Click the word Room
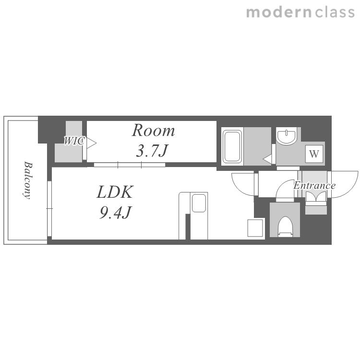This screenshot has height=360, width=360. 154,131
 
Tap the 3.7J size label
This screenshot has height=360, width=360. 152,151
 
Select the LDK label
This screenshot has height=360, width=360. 115,192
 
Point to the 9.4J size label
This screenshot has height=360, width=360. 115,212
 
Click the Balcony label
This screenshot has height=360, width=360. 28,180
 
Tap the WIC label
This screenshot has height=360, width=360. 74,141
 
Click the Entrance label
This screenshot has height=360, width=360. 314,185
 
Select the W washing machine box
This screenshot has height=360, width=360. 314,154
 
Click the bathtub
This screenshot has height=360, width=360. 232,146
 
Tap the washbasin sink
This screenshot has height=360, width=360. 286,136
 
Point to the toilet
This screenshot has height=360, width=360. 285,227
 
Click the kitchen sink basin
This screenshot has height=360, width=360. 199,203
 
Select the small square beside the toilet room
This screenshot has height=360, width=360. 255,228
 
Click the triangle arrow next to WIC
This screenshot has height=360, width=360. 91,143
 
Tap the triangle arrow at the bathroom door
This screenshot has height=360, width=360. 267,159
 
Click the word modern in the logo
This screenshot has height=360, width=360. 279,12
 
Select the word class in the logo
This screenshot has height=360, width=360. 335,12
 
